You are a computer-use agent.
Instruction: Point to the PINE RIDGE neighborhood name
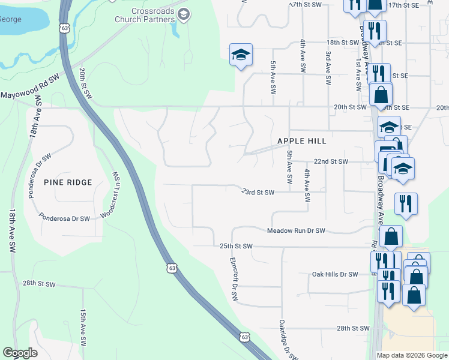click(68, 182)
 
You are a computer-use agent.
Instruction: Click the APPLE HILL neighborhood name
click(302, 141)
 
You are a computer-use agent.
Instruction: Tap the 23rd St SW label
click(258, 193)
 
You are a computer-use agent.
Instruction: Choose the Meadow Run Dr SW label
click(296, 231)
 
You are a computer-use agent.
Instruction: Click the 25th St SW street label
click(236, 247)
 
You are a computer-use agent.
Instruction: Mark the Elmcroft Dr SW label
click(234, 279)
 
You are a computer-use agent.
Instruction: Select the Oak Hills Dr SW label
click(334, 274)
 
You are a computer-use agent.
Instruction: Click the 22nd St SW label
click(331, 162)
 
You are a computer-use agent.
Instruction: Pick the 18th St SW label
click(342, 43)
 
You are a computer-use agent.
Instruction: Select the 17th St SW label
click(306, 4)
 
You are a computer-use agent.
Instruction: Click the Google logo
click(20, 353)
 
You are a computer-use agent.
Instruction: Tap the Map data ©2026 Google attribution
click(412, 355)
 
